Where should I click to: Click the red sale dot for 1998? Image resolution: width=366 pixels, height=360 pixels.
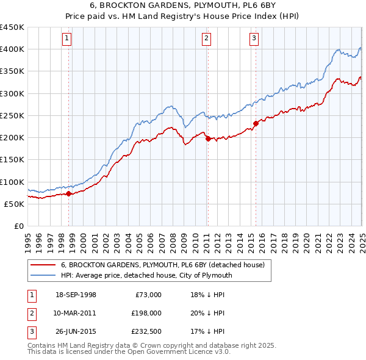pyautogui.click(x=68, y=194)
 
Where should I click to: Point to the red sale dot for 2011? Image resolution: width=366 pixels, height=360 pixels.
pyautogui.click(x=208, y=139)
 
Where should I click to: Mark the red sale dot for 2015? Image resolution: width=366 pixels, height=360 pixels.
pyautogui.click(x=256, y=123)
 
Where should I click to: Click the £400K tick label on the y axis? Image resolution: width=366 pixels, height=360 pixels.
pyautogui.click(x=12, y=49)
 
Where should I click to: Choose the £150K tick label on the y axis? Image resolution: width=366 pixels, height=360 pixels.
pyautogui.click(x=12, y=159)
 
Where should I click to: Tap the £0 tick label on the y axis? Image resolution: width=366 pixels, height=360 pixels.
pyautogui.click(x=18, y=226)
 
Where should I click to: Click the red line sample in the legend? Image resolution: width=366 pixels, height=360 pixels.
pyautogui.click(x=43, y=265)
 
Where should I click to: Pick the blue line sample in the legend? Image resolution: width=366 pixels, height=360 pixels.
pyautogui.click(x=43, y=275)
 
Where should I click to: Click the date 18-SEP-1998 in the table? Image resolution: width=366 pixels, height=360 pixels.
pyautogui.click(x=76, y=295)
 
